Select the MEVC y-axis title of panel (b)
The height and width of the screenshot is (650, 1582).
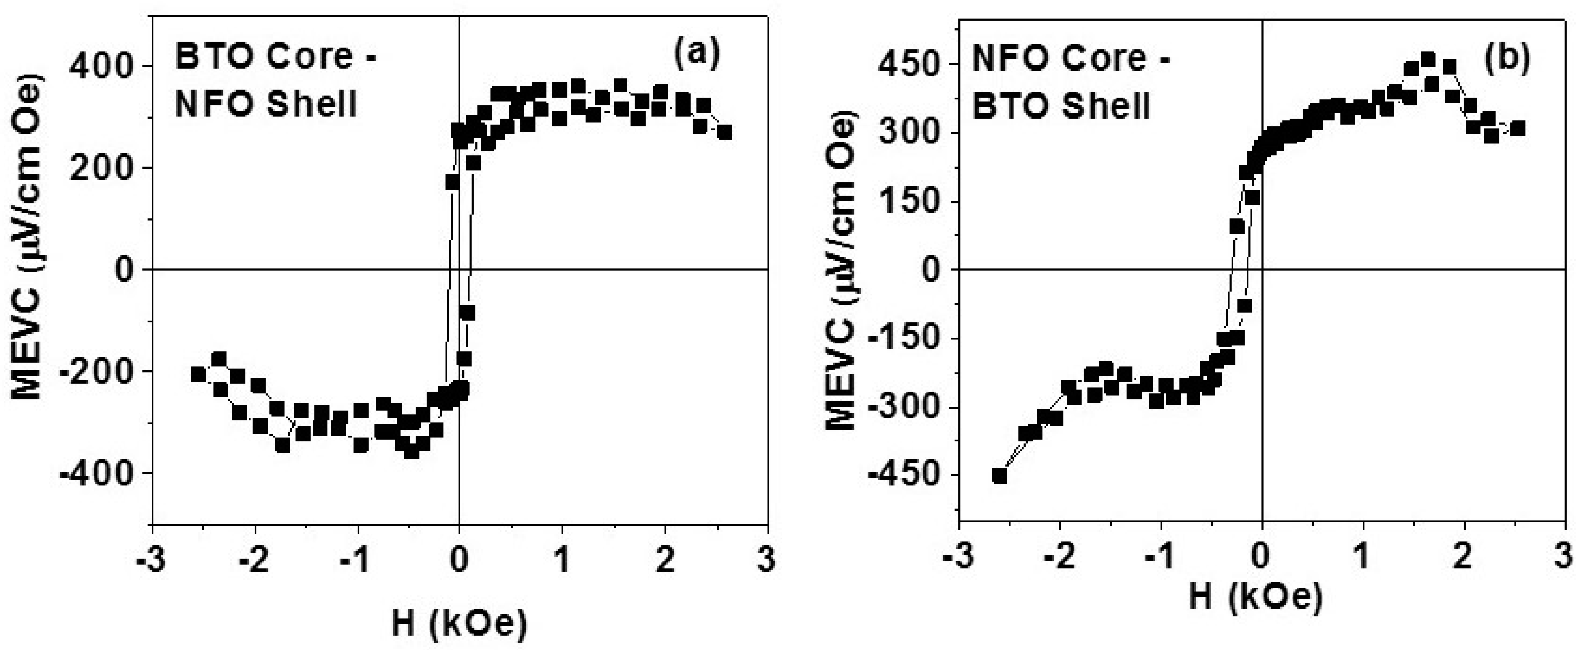point(840,270)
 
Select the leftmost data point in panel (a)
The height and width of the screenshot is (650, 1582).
point(198,374)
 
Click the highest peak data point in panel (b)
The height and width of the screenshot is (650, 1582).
point(1427,59)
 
